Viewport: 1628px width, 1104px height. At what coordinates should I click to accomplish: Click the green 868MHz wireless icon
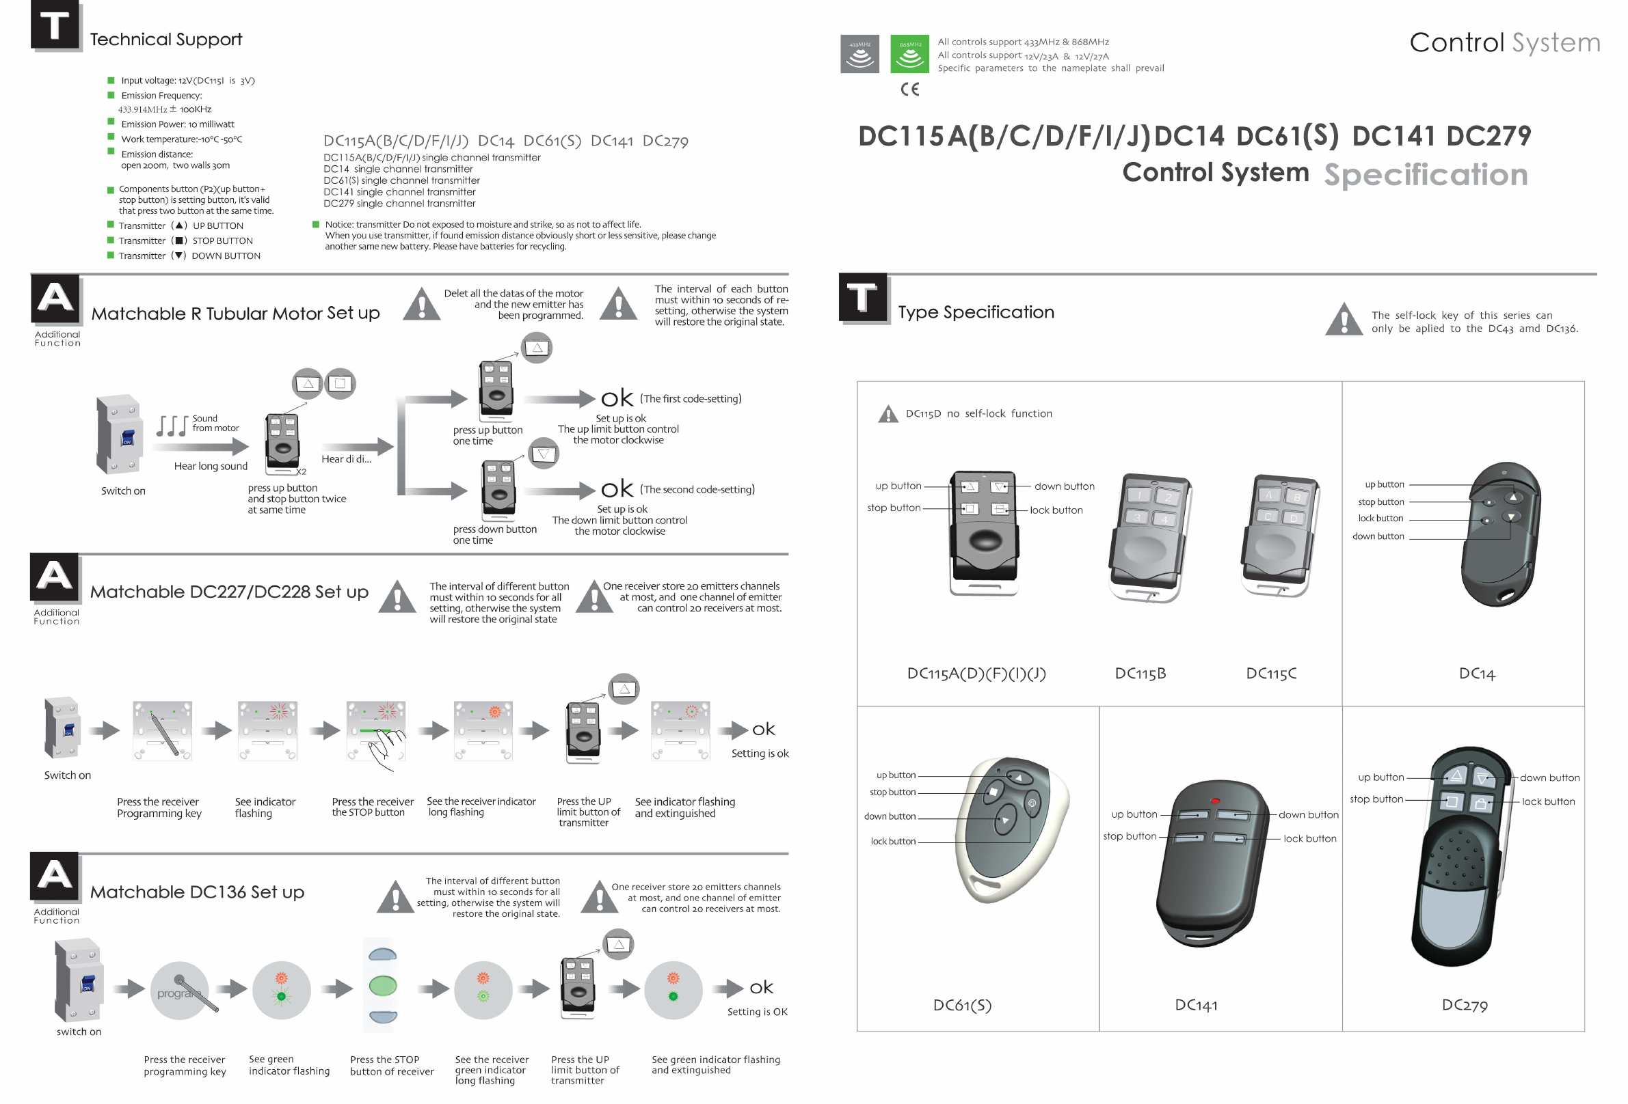pos(909,54)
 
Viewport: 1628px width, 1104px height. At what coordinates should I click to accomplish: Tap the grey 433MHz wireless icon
pos(859,54)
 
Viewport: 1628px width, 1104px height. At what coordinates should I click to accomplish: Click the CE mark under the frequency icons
pos(909,89)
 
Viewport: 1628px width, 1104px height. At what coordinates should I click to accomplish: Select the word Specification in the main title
pos(1425,174)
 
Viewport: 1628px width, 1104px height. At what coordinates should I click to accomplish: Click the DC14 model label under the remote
pos(1477,674)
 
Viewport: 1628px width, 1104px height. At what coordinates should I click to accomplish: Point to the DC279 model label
pos(1464,1006)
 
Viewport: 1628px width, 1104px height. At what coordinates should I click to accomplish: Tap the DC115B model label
pos(1140,674)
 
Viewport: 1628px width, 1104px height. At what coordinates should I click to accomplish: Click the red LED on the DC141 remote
pos(1216,800)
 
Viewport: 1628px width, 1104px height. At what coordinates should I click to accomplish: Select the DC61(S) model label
pos(962,1006)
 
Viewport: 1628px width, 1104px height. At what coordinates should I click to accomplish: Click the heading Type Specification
pos(975,312)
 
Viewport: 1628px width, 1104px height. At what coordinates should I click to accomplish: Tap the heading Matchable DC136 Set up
pos(197,892)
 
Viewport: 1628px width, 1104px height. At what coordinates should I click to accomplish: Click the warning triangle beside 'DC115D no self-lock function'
pos(888,415)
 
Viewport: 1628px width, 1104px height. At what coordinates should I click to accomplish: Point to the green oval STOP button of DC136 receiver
pos(382,986)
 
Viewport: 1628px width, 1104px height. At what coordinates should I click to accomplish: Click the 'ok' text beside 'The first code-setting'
pos(617,399)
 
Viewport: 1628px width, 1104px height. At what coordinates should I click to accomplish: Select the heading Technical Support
pos(166,39)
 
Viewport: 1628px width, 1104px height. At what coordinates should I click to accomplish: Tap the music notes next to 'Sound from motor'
pos(172,425)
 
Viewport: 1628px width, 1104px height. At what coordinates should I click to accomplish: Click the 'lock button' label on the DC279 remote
pos(1548,801)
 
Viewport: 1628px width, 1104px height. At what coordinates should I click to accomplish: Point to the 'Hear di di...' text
pos(346,459)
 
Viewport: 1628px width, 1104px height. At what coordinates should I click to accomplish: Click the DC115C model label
pos(1270,674)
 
